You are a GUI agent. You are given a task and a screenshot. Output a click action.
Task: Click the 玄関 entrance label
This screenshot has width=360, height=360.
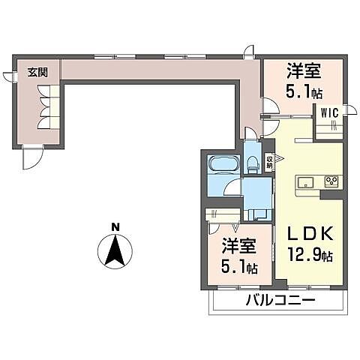(x=37, y=73)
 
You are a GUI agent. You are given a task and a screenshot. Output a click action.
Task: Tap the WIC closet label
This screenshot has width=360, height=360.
(x=331, y=112)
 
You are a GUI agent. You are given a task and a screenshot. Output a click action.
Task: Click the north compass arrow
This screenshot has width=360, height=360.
(x=114, y=250)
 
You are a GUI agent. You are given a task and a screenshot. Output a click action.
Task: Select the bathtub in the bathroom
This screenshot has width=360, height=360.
(x=222, y=164)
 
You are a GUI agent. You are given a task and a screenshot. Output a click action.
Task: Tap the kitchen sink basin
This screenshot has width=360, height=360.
(x=306, y=182)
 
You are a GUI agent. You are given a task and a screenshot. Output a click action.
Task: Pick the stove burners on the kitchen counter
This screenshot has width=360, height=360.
(x=331, y=182)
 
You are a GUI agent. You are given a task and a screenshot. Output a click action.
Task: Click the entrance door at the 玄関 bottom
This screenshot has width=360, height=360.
(x=31, y=157)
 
